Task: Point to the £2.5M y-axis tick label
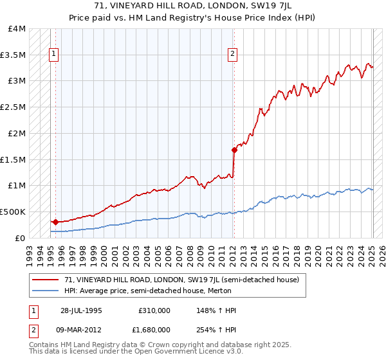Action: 14,107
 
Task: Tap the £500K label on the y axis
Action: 14,212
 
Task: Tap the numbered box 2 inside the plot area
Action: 232,55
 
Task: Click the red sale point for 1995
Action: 56,222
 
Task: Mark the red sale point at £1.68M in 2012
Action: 234,150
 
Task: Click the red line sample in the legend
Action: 47,280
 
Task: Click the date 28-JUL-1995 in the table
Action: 82,310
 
